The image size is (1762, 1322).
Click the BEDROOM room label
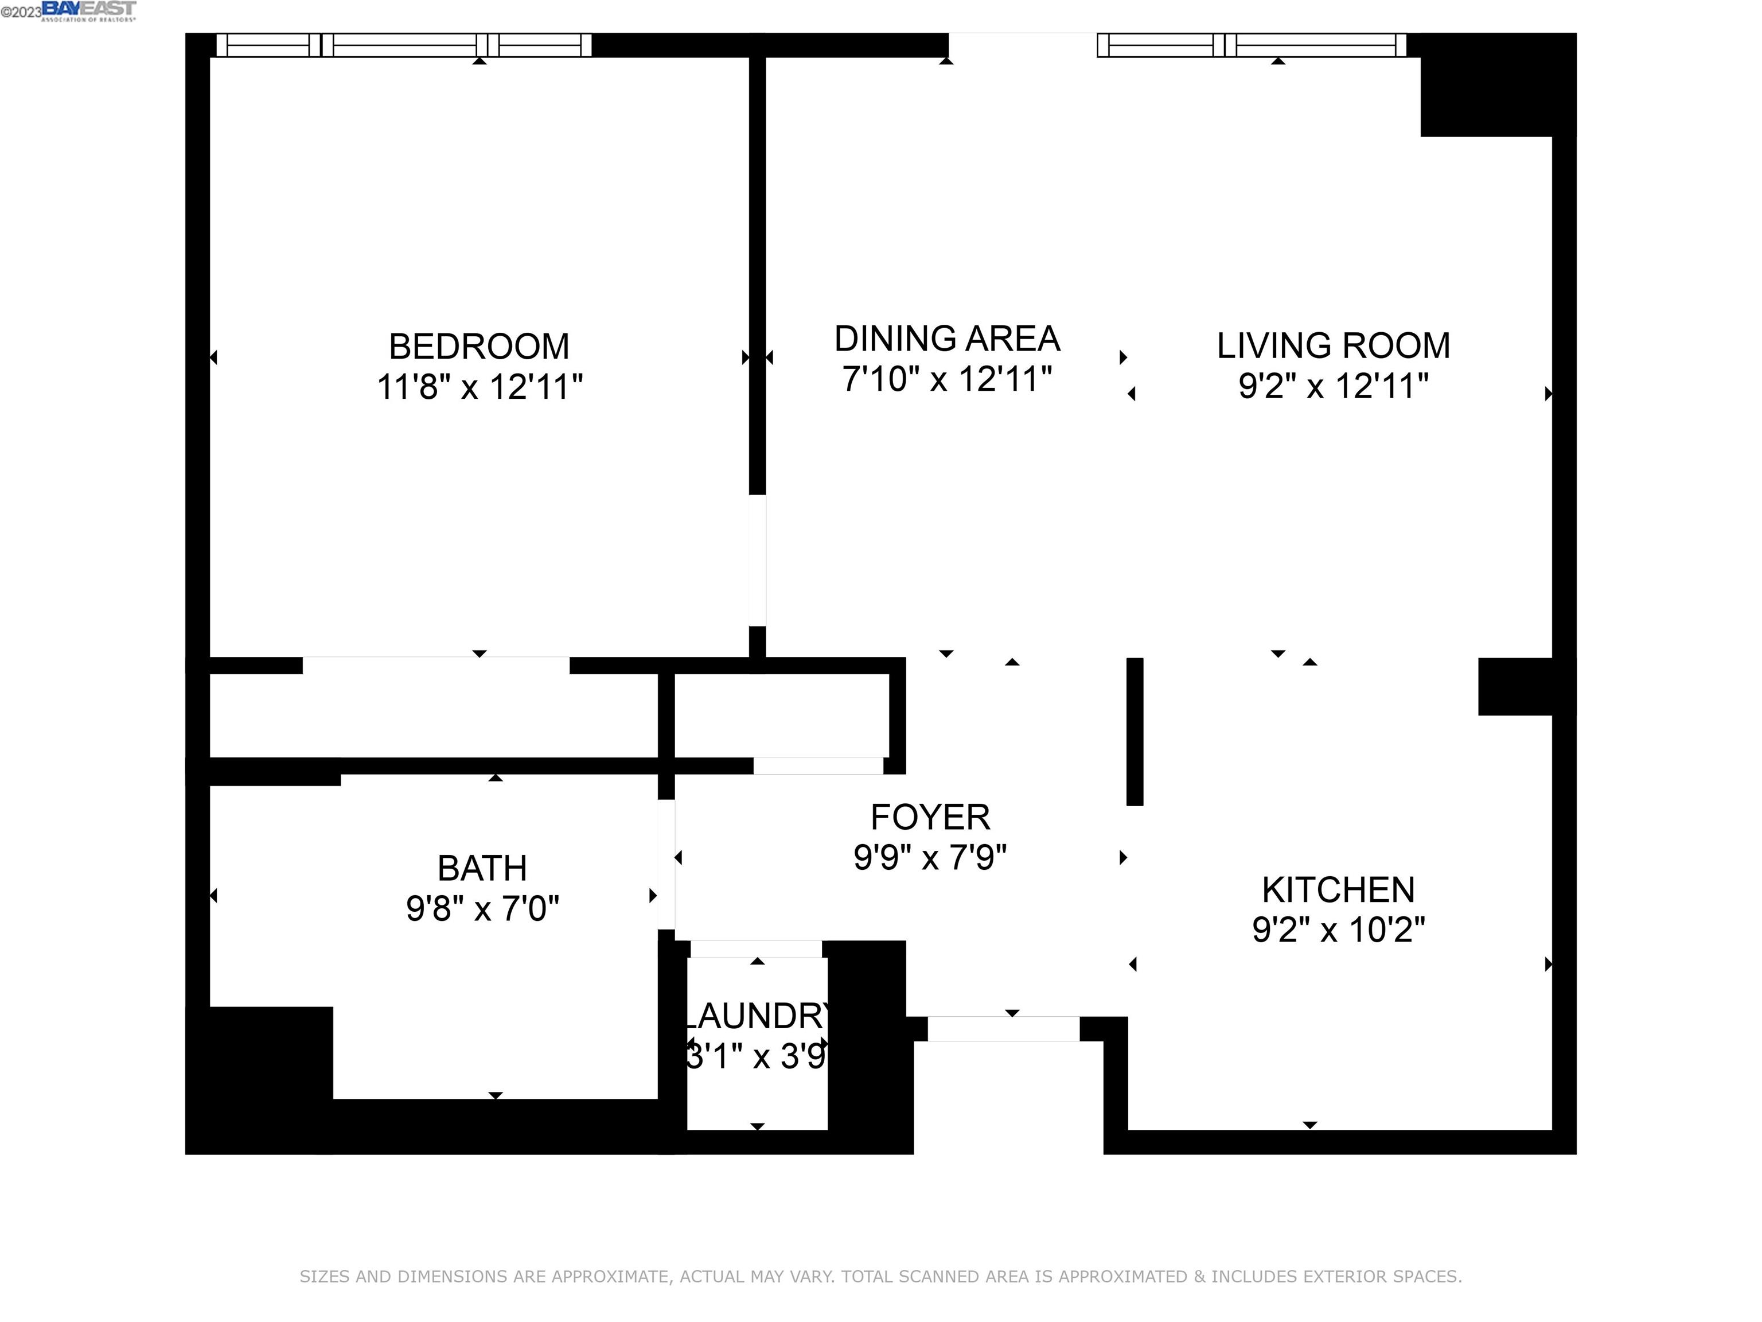click(x=479, y=347)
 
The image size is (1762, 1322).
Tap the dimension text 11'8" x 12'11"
click(x=479, y=387)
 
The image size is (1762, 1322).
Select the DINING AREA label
click(x=946, y=339)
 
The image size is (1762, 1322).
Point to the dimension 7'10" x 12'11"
click(x=946, y=379)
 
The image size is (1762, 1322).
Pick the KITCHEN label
click(x=1338, y=889)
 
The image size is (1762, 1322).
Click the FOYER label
click(x=930, y=817)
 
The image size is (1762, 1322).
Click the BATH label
click(x=482, y=868)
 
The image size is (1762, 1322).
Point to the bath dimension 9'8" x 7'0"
click(x=482, y=908)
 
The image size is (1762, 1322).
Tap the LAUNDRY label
click(x=757, y=1016)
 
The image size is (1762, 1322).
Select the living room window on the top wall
click(x=1250, y=45)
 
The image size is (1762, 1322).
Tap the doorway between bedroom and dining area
click(x=758, y=560)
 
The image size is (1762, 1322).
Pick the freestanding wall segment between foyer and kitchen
click(x=1135, y=732)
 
